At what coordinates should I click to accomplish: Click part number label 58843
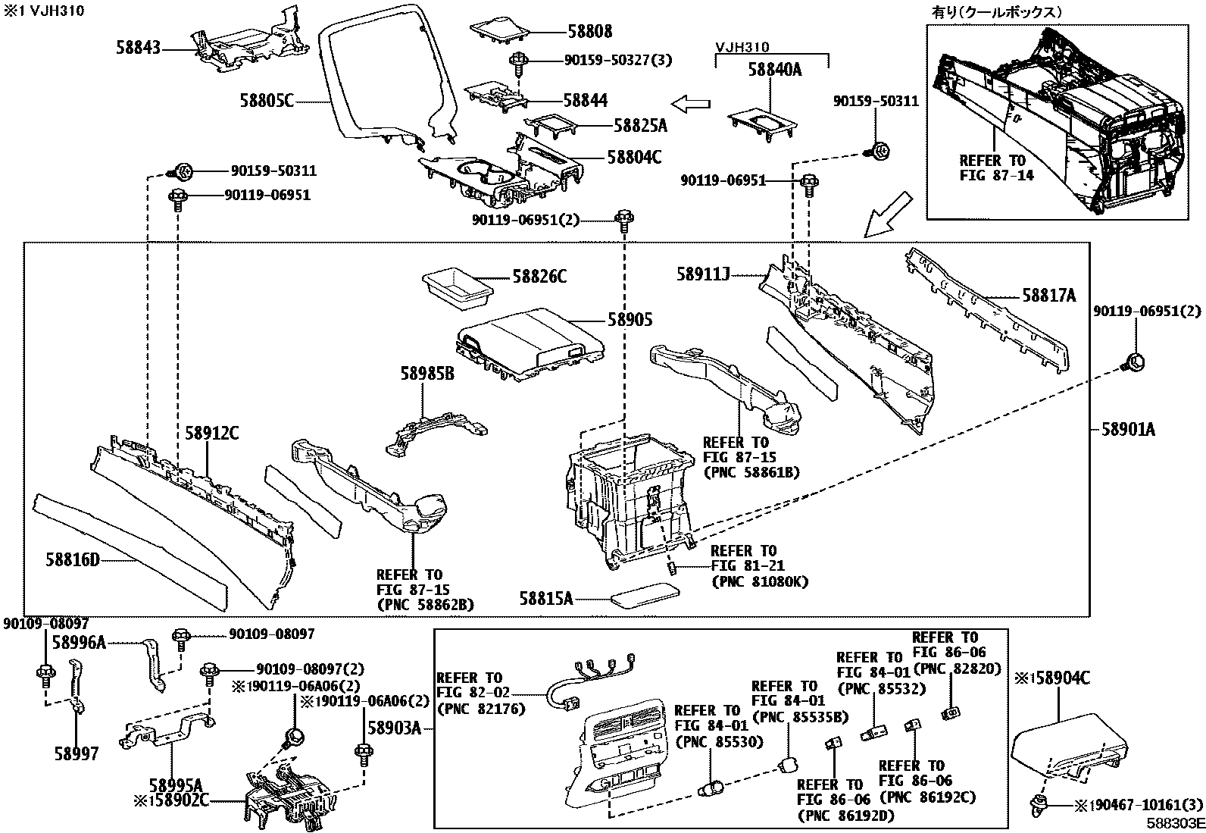(x=138, y=48)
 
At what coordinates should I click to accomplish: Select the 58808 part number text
(x=589, y=32)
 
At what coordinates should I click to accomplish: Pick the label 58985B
(x=427, y=373)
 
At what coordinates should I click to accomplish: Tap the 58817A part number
(x=1048, y=296)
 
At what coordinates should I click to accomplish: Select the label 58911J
(x=703, y=274)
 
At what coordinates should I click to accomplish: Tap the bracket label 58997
(x=76, y=755)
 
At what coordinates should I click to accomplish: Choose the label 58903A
(x=394, y=728)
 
